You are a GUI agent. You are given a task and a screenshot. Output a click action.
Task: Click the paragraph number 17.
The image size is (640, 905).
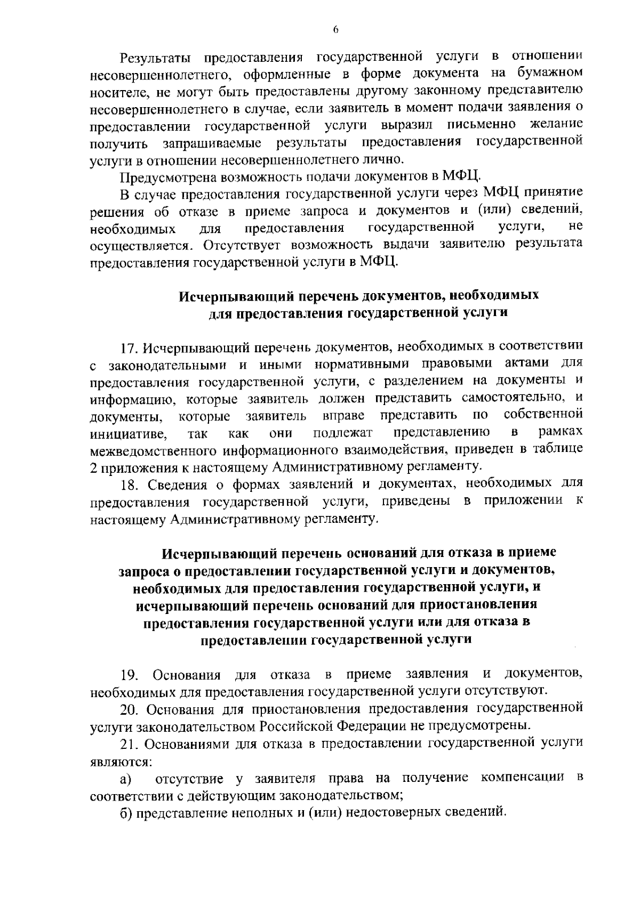coord(130,348)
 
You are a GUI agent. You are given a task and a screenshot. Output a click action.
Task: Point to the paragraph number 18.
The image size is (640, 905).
coord(130,484)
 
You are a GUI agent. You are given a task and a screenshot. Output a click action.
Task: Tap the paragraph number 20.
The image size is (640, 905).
coord(130,710)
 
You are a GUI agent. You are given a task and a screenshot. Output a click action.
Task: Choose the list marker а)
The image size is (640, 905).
coord(126,779)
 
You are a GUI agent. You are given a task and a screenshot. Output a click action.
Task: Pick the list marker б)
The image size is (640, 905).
coord(126,813)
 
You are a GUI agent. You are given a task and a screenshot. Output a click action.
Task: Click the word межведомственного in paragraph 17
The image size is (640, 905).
coord(154,451)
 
